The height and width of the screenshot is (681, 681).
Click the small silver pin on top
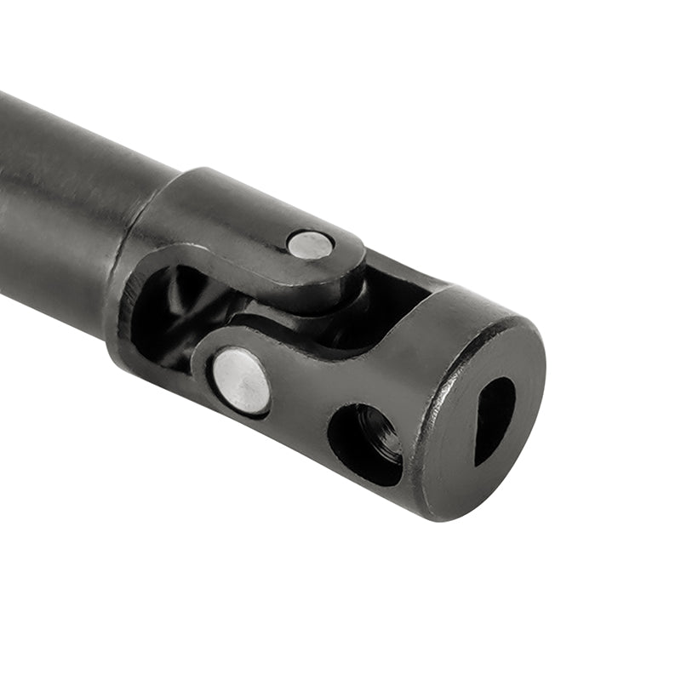point(310,245)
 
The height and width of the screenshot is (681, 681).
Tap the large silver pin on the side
point(241,382)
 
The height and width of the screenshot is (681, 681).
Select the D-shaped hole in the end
point(494,419)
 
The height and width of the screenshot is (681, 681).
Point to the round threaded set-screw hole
point(365,444)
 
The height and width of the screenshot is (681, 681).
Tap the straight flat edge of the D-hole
point(478,426)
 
